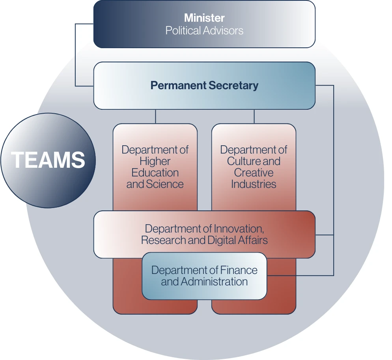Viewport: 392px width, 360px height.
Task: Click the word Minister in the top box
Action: coord(204,18)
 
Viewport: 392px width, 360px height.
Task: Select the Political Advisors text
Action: coord(204,30)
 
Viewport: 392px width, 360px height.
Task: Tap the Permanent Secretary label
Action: coord(204,85)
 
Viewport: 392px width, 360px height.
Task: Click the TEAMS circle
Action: coord(48,160)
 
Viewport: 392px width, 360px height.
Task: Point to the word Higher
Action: coord(155,161)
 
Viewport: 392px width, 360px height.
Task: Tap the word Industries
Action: coord(254,184)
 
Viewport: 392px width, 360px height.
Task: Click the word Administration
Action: coord(214,282)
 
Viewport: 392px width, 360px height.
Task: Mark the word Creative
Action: coord(254,172)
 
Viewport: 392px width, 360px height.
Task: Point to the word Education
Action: coord(155,172)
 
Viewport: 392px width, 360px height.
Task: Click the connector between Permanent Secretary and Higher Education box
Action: coord(155,116)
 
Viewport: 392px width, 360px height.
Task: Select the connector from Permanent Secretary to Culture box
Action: coord(254,116)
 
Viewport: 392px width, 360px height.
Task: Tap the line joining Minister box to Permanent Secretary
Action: coord(75,55)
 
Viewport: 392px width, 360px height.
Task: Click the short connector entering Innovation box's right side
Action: coord(325,235)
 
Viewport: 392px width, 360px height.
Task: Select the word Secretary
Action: coord(233,85)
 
